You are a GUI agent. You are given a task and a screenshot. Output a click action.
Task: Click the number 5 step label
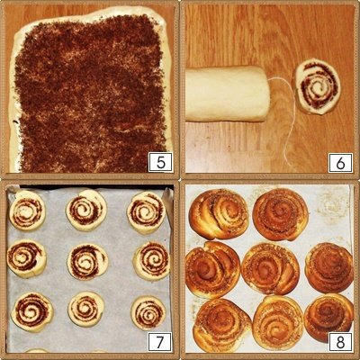click(161, 162)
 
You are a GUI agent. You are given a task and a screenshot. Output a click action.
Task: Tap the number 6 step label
click(340, 162)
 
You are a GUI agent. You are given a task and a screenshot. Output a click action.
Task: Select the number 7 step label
click(160, 342)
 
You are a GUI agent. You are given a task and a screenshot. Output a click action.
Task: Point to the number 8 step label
click(340, 342)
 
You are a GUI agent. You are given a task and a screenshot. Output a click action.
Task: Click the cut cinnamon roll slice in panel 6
click(317, 86)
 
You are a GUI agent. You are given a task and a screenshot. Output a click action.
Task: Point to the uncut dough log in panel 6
click(227, 94)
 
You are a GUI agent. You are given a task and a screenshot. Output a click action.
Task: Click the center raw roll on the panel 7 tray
click(87, 262)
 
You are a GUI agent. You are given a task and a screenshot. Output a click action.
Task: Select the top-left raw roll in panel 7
click(27, 211)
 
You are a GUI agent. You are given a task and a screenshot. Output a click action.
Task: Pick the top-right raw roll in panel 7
click(147, 212)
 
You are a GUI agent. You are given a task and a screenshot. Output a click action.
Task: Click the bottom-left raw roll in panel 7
click(32, 311)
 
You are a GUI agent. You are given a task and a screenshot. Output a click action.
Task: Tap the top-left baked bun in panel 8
click(219, 213)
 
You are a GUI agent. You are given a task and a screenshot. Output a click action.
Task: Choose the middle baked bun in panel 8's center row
click(270, 269)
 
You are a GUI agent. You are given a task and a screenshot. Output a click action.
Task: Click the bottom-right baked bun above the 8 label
click(328, 318)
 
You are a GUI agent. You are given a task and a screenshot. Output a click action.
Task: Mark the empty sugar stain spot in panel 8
click(332, 205)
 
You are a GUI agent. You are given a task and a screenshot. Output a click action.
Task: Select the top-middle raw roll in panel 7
click(86, 210)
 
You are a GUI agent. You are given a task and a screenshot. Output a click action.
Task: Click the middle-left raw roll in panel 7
click(27, 258)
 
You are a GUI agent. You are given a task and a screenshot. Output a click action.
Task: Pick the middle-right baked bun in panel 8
click(329, 268)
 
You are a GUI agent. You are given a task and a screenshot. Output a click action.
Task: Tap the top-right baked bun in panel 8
click(281, 214)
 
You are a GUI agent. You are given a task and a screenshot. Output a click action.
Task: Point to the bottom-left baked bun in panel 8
click(222, 325)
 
